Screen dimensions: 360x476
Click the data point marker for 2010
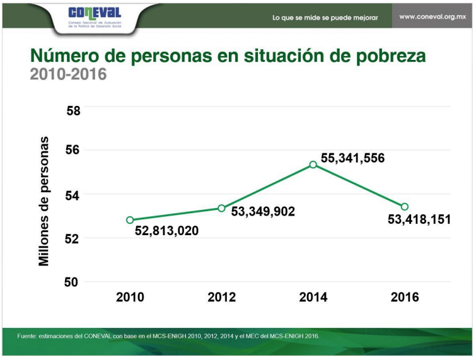tap(130, 220)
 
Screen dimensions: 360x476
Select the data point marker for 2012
tap(221, 208)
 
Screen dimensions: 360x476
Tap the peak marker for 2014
tap(313, 165)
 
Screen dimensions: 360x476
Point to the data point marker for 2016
tap(405, 207)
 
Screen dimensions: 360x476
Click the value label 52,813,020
tap(167, 231)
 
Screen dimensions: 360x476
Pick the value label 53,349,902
tap(264, 212)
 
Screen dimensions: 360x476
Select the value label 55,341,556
tap(352, 158)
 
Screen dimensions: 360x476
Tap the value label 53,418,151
tap(419, 220)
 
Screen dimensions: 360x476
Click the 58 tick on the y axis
tap(74, 111)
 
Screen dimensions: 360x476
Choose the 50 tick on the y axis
tap(74, 282)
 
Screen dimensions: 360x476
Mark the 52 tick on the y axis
tap(74, 239)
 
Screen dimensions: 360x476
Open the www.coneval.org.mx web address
tap(433, 17)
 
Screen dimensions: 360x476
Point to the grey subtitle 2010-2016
tap(68, 74)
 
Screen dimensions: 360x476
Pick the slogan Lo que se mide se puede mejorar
tap(325, 18)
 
